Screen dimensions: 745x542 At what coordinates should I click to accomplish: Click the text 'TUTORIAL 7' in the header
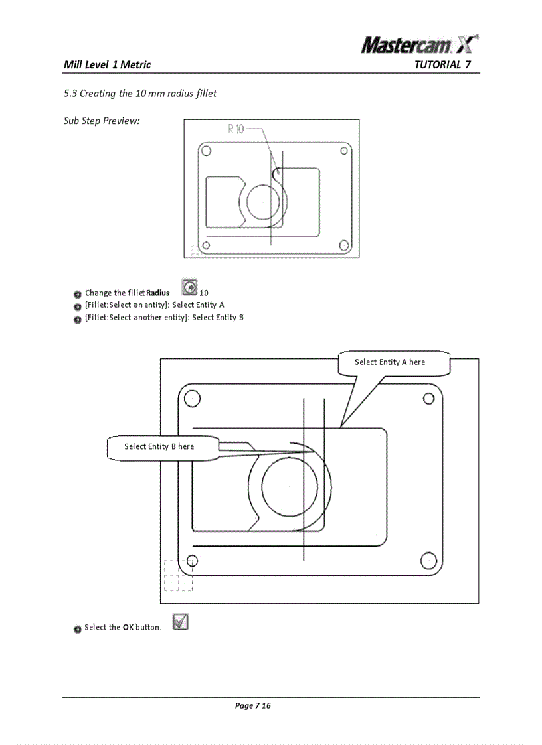pos(442,64)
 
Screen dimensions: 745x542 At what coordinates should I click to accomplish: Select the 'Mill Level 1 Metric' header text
pos(107,64)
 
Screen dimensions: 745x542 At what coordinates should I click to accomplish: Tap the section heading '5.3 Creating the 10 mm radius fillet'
pos(140,93)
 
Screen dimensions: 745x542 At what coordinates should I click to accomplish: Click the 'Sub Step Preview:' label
pos(102,121)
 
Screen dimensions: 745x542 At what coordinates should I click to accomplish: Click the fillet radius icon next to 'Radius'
pos(189,289)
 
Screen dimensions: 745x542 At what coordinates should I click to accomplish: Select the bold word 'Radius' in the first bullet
pos(158,293)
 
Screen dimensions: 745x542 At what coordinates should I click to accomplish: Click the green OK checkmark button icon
pos(180,622)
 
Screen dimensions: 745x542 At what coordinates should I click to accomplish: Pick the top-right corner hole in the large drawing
pos(428,399)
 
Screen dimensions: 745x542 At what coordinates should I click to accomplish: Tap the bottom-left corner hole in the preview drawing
pos(207,245)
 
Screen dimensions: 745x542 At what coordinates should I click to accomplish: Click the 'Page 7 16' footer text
pos(252,705)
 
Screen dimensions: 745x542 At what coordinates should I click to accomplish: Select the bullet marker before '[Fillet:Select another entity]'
pos(78,318)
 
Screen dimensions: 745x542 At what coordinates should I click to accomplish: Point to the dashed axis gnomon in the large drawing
pos(178,575)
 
